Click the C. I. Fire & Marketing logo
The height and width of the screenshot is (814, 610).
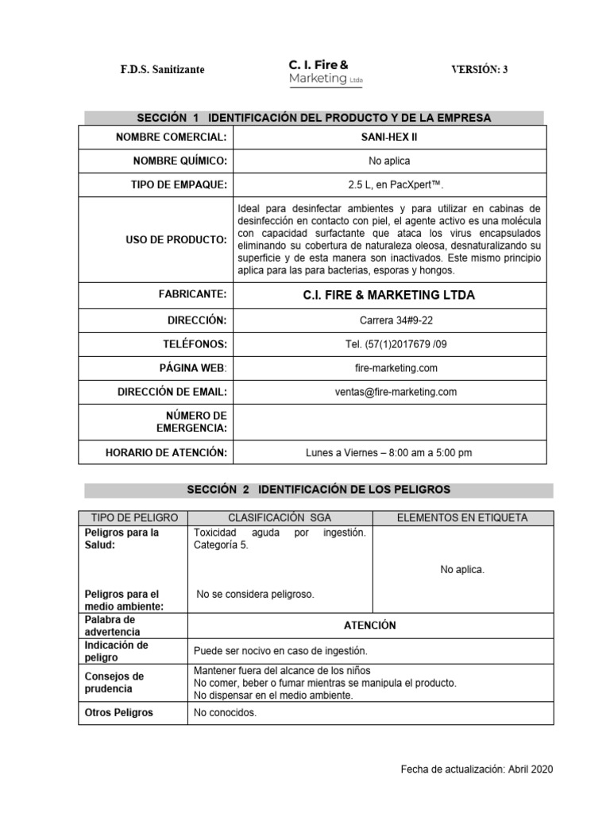[319, 71]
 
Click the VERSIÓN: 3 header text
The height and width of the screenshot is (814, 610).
[480, 70]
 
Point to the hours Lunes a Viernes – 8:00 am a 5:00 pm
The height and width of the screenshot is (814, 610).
[389, 453]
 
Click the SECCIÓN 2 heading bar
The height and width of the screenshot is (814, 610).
[319, 490]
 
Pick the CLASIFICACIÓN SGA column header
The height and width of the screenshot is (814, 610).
[280, 517]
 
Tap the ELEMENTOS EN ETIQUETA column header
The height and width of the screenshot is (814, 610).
[461, 517]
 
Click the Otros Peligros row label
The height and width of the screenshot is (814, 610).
[119, 713]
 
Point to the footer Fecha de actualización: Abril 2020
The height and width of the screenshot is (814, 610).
[476, 769]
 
